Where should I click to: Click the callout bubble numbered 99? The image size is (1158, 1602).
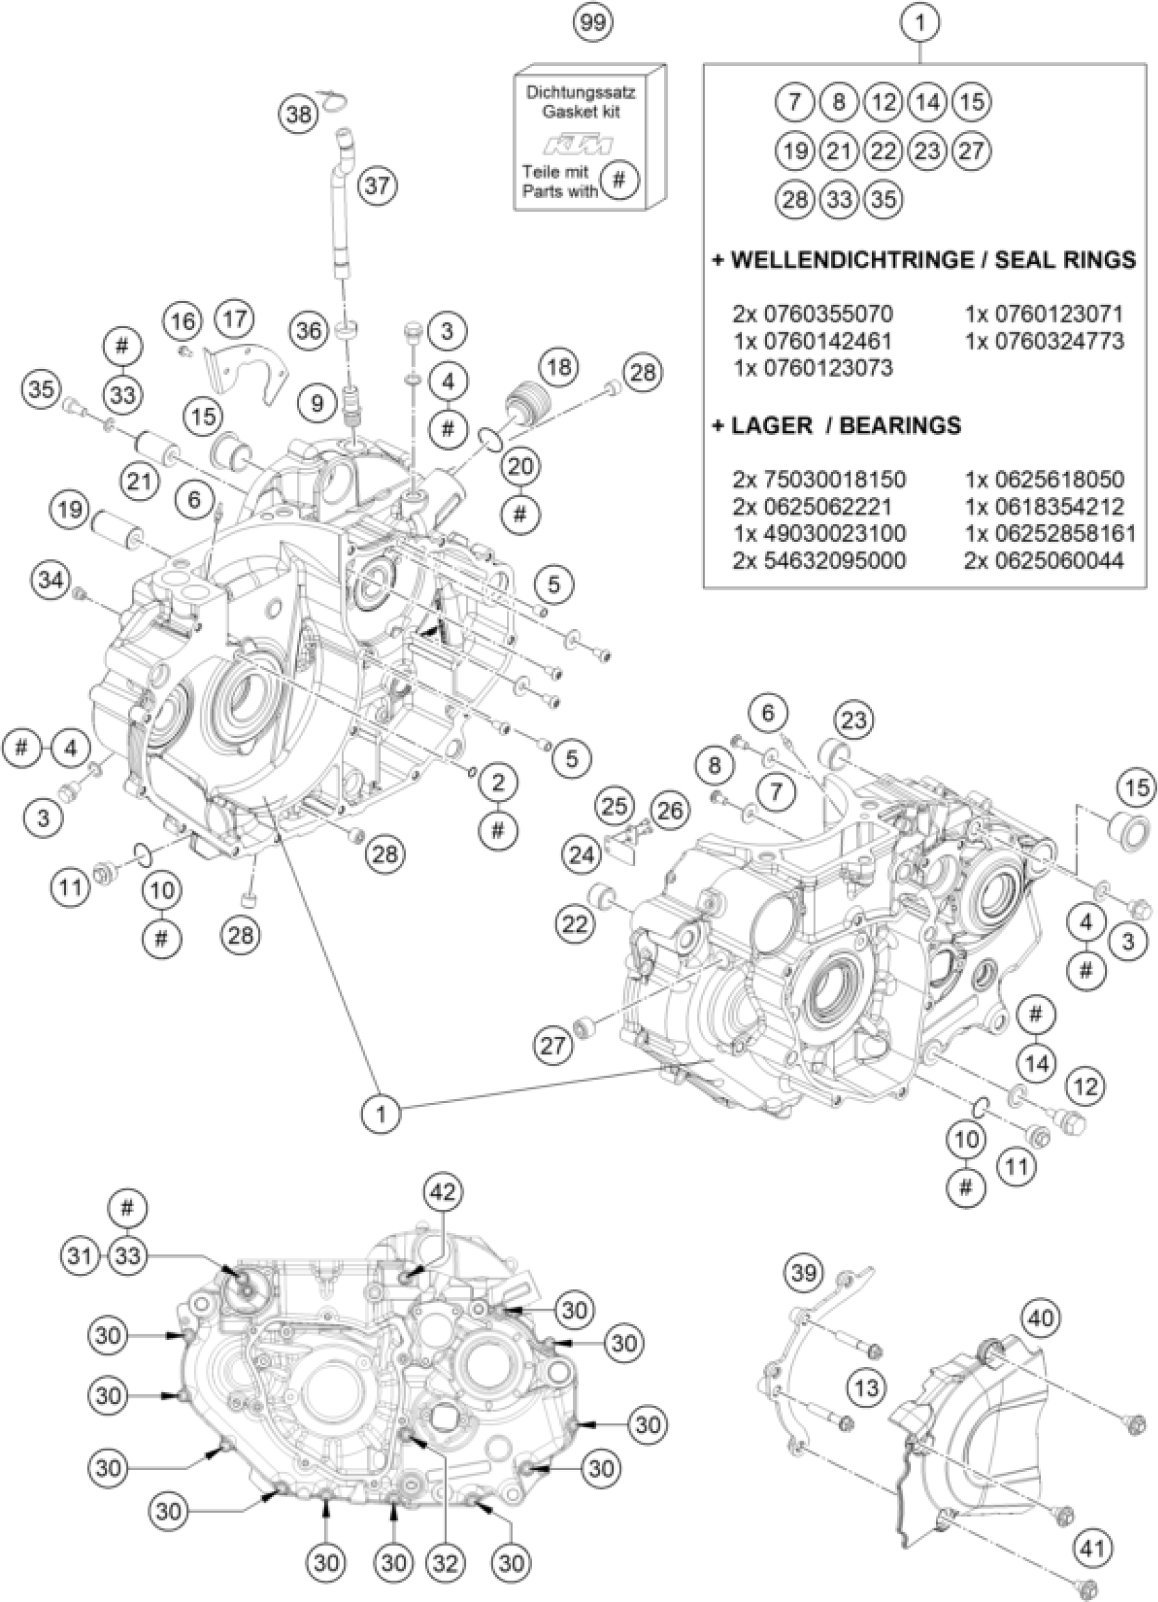pos(592,22)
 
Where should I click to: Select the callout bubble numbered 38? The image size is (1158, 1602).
pos(299,113)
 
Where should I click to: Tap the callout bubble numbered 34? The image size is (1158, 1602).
pos(51,581)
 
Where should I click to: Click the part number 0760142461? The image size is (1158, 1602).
pos(813,341)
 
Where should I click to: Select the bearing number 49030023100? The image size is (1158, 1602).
pos(819,533)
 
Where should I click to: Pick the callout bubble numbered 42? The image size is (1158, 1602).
pos(443,1192)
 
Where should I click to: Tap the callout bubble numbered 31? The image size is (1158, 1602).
pos(82,1256)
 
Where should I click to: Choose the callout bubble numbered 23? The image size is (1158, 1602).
pos(854,720)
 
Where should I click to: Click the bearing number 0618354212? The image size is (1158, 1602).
pos(1044,507)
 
